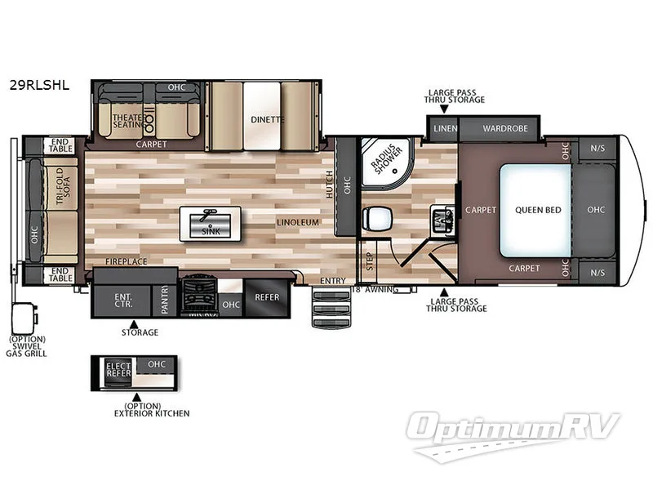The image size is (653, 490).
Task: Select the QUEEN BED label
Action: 538,210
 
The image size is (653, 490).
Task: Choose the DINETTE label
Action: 267,119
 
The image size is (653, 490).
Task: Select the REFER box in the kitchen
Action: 267,297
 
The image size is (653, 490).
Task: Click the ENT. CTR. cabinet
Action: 123,298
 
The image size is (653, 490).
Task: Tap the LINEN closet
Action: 445,128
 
